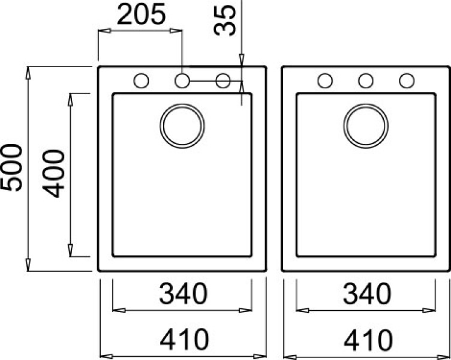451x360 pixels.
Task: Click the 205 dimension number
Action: click(x=142, y=14)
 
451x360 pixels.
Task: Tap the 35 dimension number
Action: click(x=225, y=20)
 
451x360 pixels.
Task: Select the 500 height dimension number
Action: click(x=11, y=167)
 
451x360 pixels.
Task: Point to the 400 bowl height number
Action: click(x=54, y=173)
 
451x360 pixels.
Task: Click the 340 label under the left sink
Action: click(x=184, y=293)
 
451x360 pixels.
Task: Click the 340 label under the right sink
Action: click(x=367, y=293)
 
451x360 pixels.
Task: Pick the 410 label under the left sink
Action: click(x=184, y=340)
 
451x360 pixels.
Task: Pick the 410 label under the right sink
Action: click(x=368, y=340)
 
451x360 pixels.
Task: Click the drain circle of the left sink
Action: click(x=182, y=104)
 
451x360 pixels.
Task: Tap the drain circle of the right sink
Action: click(x=366, y=104)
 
